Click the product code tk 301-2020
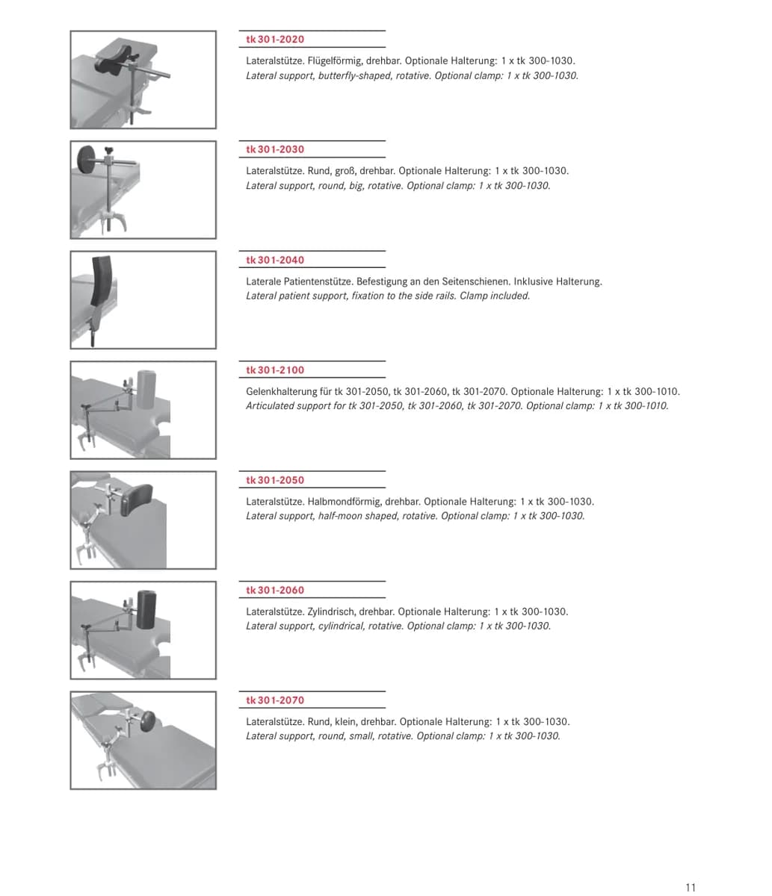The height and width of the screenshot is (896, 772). (275, 40)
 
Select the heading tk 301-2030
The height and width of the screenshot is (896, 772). (275, 149)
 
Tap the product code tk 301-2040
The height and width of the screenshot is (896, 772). (275, 260)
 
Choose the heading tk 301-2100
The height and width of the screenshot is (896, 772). (275, 370)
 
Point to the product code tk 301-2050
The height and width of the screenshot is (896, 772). (275, 480)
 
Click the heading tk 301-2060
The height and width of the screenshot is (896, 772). (275, 591)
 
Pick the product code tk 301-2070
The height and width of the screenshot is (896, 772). (275, 700)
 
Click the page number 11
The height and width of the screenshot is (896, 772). (691, 887)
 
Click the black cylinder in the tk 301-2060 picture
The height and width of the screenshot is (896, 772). (146, 609)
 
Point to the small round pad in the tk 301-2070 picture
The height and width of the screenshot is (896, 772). (148, 721)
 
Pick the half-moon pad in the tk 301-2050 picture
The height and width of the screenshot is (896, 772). (136, 500)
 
